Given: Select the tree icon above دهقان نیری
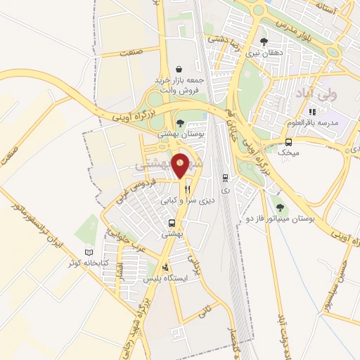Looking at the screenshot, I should pyautogui.click(x=264, y=41).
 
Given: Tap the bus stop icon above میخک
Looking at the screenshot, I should pyautogui.click(x=289, y=141).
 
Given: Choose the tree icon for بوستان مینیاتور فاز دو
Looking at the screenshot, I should pyautogui.click(x=280, y=207).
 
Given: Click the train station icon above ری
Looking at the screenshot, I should pyautogui.click(x=225, y=178).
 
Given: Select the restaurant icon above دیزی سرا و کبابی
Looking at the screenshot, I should pyautogui.click(x=187, y=189).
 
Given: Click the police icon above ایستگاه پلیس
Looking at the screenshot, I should pyautogui.click(x=166, y=267).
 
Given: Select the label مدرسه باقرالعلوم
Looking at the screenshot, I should pyautogui.click(x=319, y=122).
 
